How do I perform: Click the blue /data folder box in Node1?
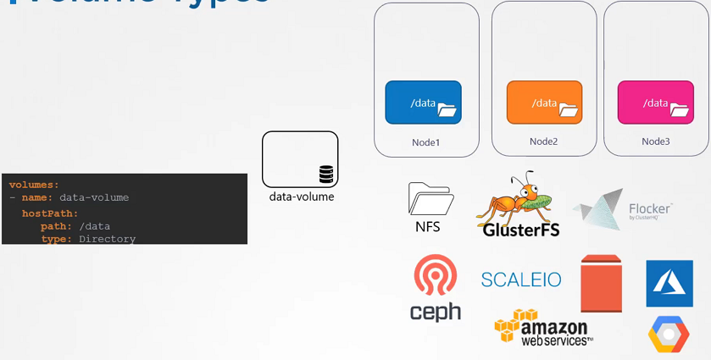(423, 102)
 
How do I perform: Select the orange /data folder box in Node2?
(544, 102)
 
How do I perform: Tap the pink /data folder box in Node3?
(656, 102)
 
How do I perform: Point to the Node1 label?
(425, 142)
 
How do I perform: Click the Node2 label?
(543, 141)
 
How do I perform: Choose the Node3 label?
(656, 141)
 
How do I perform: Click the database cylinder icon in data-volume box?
(326, 175)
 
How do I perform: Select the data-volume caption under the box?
(302, 197)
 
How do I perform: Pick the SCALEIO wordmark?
(521, 279)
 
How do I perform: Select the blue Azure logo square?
(669, 283)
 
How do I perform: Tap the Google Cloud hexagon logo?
(669, 335)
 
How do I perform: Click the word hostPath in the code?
(50, 213)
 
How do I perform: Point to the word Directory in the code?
(107, 239)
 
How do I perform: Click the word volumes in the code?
(34, 185)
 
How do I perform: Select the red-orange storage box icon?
(602, 283)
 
